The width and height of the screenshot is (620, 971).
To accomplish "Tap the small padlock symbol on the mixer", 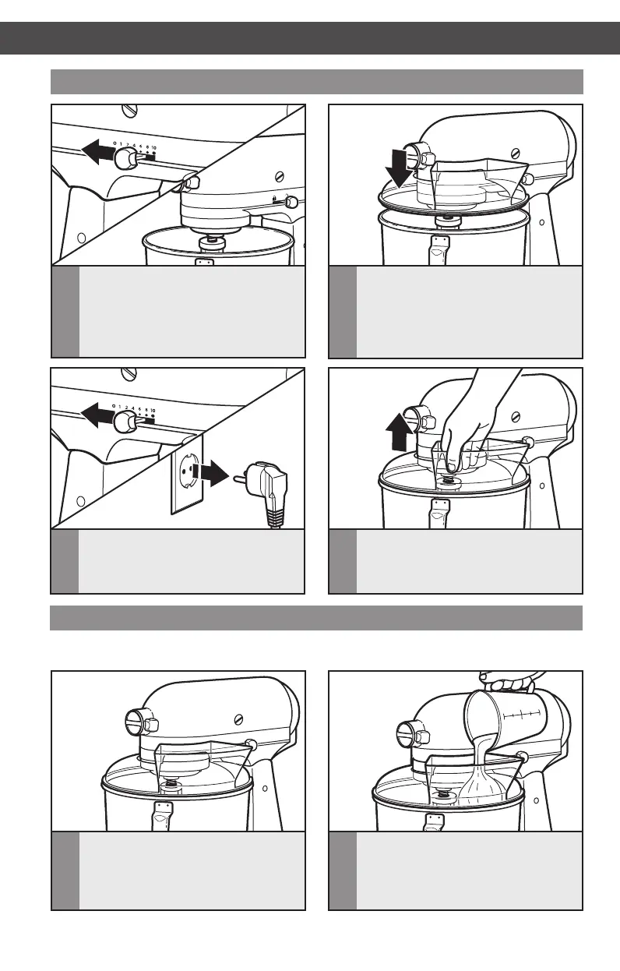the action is pyautogui.click(x=277, y=200).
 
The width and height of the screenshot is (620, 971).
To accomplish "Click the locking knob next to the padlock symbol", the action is pyautogui.click(x=291, y=203).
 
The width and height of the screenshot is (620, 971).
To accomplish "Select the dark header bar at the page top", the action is pyautogui.click(x=310, y=37).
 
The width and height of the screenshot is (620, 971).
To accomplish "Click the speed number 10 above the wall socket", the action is pyautogui.click(x=153, y=409).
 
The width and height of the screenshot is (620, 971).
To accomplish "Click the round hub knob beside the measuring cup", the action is pyautogui.click(x=412, y=734).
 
